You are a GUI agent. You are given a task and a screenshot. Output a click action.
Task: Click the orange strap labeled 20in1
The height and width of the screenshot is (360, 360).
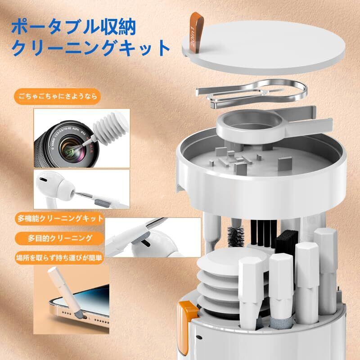197,32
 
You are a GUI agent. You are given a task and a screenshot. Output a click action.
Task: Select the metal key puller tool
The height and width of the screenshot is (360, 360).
252,94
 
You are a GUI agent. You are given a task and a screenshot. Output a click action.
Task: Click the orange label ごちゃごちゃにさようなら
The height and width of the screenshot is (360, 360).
58,96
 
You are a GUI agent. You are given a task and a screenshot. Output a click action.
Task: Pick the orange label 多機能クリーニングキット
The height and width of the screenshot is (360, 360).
60,219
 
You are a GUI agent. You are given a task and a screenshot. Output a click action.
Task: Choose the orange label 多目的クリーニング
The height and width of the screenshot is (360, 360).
60,238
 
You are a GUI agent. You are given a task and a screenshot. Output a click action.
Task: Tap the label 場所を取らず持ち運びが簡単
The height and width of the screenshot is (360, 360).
59,258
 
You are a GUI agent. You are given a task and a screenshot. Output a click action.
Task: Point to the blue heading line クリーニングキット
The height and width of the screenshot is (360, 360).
91,48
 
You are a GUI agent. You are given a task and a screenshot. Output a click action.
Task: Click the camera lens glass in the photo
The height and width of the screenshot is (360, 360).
71,150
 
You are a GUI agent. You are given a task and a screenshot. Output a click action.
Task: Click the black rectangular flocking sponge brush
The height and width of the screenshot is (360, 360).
287,243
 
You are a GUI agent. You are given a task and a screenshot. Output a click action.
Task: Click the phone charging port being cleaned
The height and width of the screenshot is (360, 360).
85,318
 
